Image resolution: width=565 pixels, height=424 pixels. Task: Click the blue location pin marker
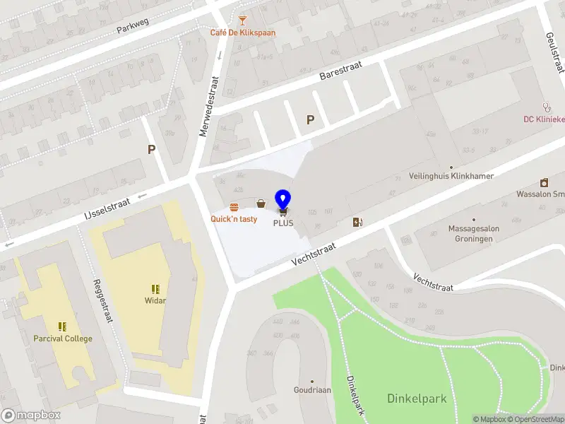point(283,201)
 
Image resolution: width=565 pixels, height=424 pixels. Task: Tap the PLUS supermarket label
point(283,223)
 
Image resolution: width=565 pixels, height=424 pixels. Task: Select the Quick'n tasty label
point(234,219)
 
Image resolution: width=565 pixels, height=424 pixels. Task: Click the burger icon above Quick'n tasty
point(234,206)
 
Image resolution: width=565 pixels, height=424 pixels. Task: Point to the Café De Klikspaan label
point(243,33)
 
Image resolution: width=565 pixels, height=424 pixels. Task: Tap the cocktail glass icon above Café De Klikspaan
point(243,20)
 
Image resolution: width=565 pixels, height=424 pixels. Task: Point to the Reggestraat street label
point(104,301)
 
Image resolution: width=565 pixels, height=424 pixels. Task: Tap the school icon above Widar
point(155,288)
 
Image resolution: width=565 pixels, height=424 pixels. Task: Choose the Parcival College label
point(63,338)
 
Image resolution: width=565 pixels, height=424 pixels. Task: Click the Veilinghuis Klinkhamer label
point(451,176)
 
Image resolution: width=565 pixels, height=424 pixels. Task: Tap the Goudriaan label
point(313,389)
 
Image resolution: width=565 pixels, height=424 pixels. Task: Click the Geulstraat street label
point(555,52)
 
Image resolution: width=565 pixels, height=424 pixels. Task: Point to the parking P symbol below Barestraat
point(310,120)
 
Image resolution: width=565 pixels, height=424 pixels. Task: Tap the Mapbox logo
point(31,416)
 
